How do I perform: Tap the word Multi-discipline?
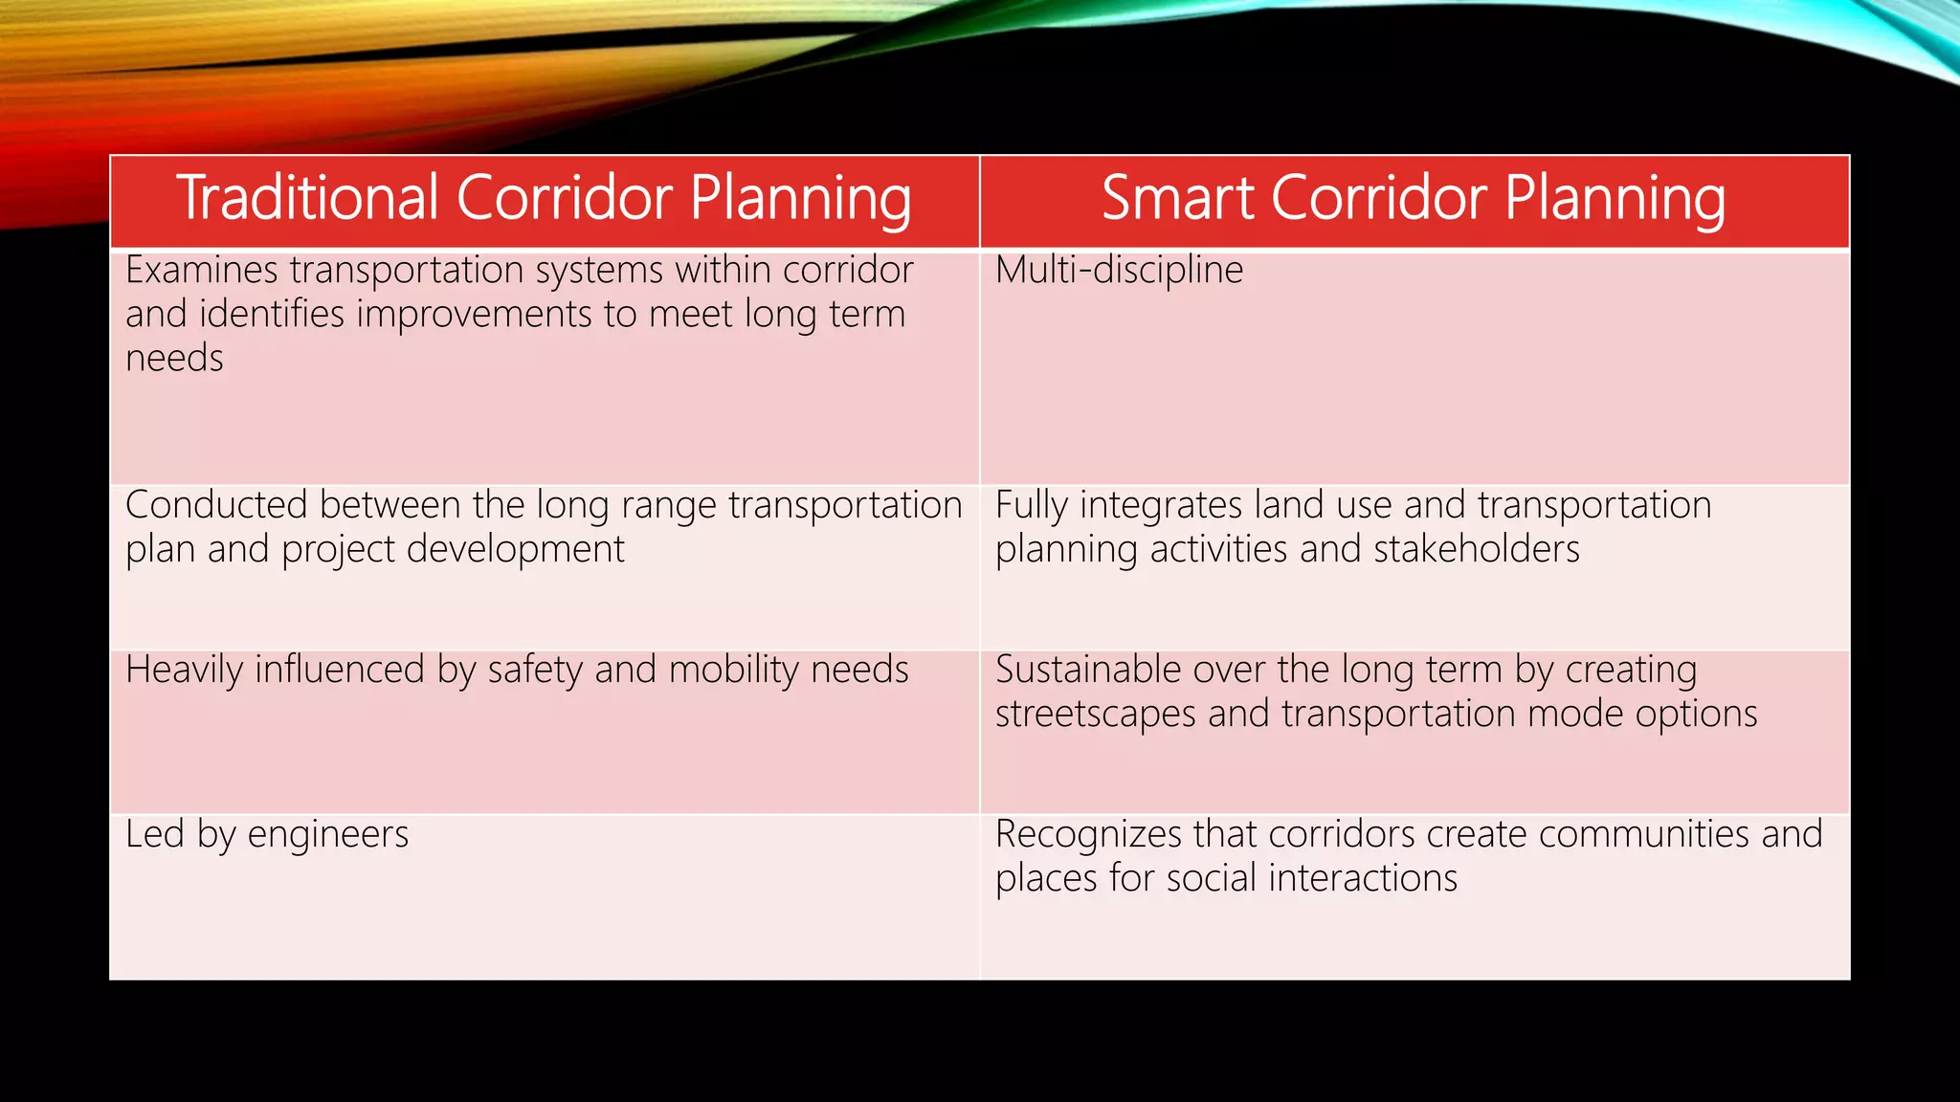[1119, 270]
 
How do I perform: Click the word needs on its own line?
[174, 359]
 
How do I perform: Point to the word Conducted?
[216, 505]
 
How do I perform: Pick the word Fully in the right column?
[1031, 505]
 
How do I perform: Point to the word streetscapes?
[1095, 715]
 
